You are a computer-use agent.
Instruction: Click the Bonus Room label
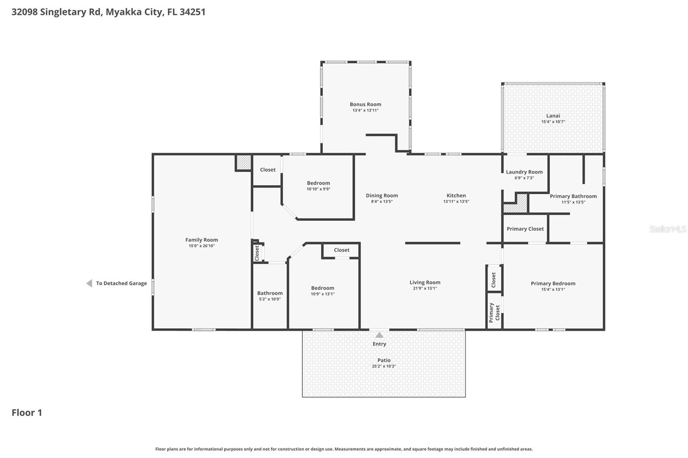click(365, 104)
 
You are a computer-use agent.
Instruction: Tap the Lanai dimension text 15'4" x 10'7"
click(553, 122)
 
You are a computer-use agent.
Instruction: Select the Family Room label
click(201, 240)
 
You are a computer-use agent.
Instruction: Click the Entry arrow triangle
click(379, 335)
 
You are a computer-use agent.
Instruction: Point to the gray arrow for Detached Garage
click(89, 283)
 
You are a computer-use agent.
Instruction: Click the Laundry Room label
click(524, 172)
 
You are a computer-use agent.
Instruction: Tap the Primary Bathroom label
click(573, 196)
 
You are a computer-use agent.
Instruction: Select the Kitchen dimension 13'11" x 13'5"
click(456, 202)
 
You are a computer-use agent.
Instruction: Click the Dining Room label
click(381, 195)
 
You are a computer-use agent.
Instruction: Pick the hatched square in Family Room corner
click(244, 162)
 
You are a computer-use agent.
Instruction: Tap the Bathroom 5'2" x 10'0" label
click(270, 296)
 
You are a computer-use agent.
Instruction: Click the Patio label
click(384, 360)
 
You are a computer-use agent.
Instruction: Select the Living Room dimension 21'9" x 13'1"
click(424, 288)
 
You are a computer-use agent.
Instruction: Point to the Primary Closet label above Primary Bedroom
click(525, 229)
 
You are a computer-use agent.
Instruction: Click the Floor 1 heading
click(27, 413)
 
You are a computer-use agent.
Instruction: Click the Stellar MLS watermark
click(667, 229)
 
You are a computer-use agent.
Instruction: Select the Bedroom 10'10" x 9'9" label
click(318, 186)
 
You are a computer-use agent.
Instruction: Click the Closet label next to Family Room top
click(267, 170)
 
